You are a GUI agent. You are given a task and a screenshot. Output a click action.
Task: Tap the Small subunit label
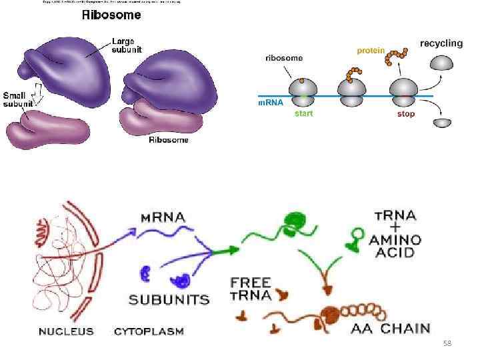click(x=19, y=100)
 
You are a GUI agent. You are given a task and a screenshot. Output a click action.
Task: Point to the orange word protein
click(x=371, y=51)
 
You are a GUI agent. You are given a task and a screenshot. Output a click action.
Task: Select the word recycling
click(x=441, y=43)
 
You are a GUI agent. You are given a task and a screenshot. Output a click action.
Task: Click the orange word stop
click(x=405, y=114)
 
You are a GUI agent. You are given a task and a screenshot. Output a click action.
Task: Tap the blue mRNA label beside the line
click(x=270, y=103)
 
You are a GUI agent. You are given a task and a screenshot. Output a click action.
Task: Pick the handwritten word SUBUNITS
click(x=169, y=300)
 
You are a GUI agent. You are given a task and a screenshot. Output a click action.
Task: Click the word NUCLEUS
click(x=66, y=331)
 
